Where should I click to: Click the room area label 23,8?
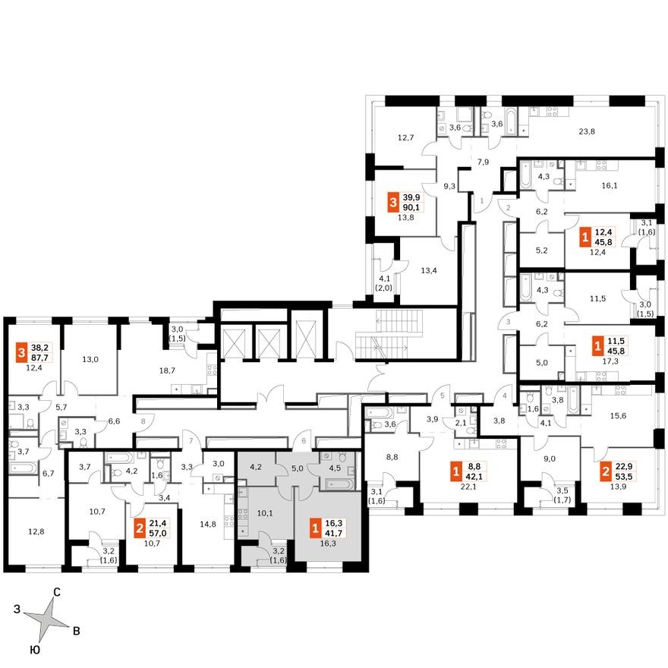coord(585,131)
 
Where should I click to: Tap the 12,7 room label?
coord(405,137)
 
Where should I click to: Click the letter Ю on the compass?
coord(35,650)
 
